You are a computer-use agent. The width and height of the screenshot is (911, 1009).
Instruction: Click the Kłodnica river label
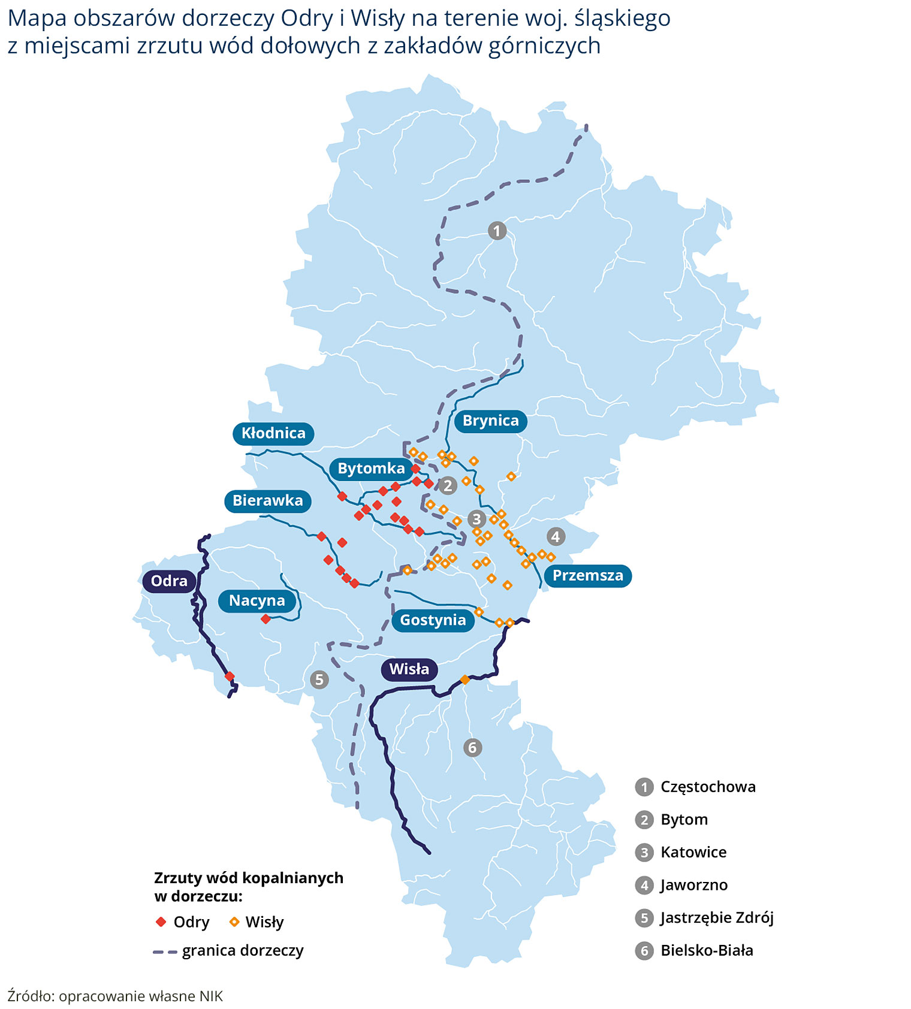pos(273,433)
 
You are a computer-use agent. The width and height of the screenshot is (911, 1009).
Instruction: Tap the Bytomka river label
pos(371,469)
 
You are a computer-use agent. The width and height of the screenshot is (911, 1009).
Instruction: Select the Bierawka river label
pos(267,501)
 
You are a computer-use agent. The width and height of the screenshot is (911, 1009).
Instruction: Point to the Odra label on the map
pos(169,581)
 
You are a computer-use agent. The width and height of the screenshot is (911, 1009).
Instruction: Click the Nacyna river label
pos(257,601)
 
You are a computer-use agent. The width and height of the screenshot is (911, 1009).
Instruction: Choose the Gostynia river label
pos(433,620)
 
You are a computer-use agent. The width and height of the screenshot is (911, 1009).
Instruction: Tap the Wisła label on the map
pos(409,669)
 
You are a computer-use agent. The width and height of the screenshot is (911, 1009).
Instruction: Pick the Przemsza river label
pos(587,576)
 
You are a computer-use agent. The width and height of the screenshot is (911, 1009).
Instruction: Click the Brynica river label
pos(490,421)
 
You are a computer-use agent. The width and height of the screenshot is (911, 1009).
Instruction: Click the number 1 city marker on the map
pos(497,230)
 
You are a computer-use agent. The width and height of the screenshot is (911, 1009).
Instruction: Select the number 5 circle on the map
pos(319,679)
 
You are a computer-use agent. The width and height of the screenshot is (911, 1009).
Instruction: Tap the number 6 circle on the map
pos(472,748)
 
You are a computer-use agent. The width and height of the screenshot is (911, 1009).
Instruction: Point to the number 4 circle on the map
pos(556,536)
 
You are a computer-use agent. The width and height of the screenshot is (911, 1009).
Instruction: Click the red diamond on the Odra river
pos(230,676)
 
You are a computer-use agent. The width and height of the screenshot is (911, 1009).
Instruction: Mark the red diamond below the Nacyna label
pos(266,619)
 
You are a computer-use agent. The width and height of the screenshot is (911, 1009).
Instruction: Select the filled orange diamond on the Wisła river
pos(464,679)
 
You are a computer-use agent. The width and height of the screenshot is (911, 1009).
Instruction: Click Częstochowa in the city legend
pos(707,787)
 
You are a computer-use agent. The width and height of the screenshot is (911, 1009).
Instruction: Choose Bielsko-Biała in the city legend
pos(706,950)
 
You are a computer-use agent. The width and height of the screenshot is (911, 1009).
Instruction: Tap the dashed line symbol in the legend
pos(165,951)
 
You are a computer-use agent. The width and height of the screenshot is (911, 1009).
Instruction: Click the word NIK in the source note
pos(211,996)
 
